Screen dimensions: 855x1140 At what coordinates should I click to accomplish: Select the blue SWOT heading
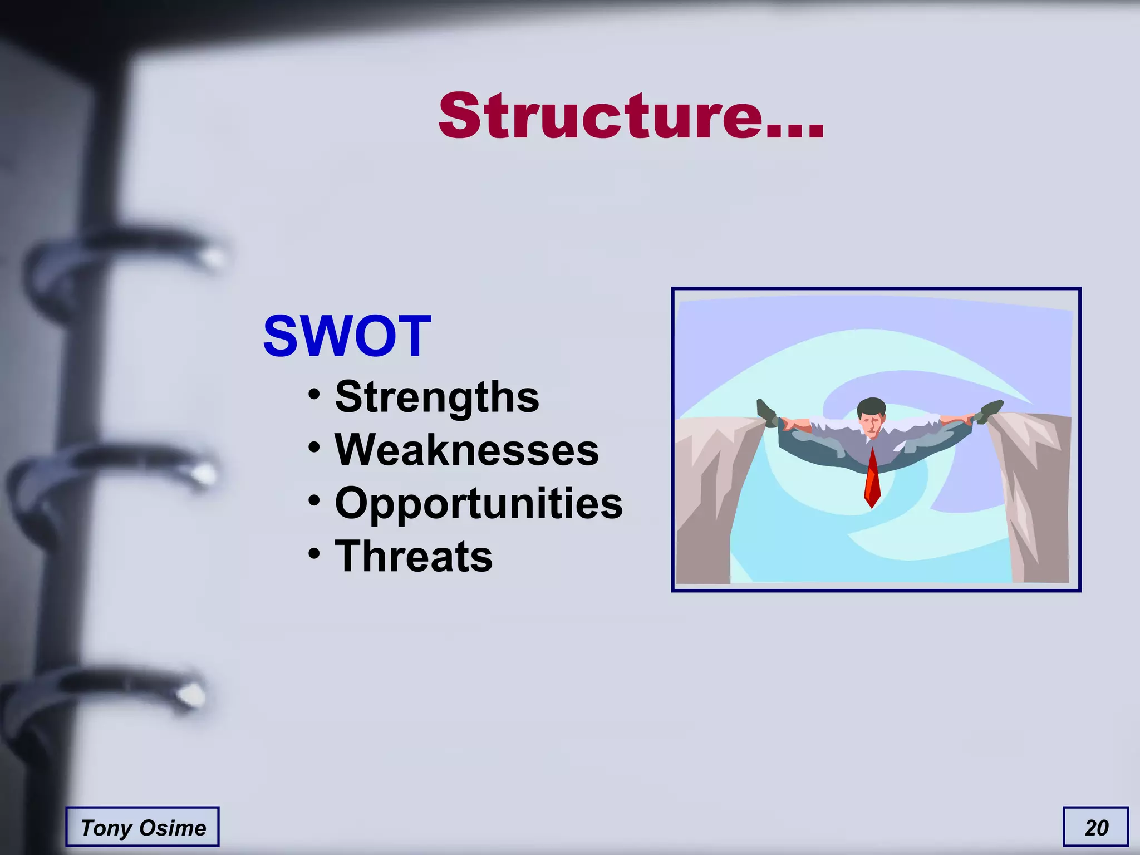(347, 336)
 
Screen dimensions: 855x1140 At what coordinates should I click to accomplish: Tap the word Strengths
(437, 397)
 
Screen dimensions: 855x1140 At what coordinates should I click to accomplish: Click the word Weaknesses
(466, 450)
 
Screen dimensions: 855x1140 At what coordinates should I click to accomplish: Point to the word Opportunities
(479, 503)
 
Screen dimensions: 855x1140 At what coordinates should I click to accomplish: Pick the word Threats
(414, 556)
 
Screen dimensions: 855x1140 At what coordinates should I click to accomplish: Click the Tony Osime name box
(142, 827)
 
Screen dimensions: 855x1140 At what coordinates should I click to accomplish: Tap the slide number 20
(1096, 827)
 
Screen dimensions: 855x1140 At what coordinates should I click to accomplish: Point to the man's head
(871, 415)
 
